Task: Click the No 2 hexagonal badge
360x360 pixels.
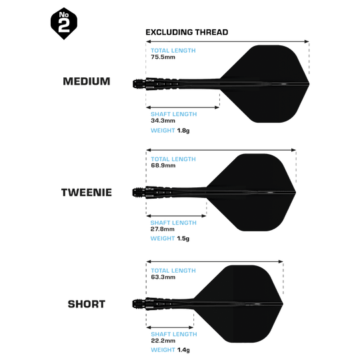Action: [64, 23]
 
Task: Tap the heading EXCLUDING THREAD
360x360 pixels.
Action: [187, 32]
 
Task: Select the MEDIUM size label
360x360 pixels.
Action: [87, 81]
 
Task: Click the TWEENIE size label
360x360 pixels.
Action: [87, 193]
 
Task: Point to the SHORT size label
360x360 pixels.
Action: [87, 304]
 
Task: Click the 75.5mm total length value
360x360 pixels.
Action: [163, 57]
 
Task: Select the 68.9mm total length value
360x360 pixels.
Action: [163, 165]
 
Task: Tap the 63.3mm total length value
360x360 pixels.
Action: [163, 277]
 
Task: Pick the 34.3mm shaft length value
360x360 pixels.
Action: [163, 121]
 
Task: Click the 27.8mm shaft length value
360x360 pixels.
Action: [163, 229]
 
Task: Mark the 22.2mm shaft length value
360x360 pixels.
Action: [163, 341]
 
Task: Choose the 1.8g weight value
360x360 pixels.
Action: [183, 131]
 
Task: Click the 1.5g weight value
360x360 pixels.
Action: [183, 239]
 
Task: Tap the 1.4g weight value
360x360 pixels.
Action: [183, 350]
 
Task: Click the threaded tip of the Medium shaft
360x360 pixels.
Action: [139, 83]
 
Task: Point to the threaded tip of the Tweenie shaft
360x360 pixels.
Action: [139, 192]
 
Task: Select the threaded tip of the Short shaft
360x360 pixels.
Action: [139, 304]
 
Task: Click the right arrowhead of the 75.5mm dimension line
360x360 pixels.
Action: [307, 41]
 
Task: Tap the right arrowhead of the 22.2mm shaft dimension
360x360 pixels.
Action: [191, 327]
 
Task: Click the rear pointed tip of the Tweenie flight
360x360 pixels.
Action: [295, 192]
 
